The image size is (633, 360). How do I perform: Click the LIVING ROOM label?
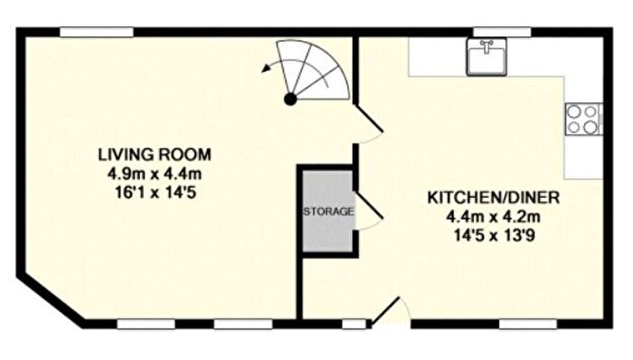pyautogui.click(x=155, y=155)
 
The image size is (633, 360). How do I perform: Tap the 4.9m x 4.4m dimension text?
pyautogui.click(x=155, y=174)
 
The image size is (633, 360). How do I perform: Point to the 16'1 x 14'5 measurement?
pyautogui.click(x=156, y=193)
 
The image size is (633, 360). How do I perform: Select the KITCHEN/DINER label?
pyautogui.click(x=494, y=198)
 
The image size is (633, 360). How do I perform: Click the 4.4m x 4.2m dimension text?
pyautogui.click(x=494, y=217)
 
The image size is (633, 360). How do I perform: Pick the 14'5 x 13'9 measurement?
pyautogui.click(x=495, y=236)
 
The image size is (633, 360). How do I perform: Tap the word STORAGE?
pyautogui.click(x=328, y=212)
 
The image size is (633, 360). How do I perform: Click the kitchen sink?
pyautogui.click(x=487, y=57)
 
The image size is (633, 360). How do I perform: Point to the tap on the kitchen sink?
pyautogui.click(x=487, y=46)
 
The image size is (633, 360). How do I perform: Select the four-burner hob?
pyautogui.click(x=583, y=119)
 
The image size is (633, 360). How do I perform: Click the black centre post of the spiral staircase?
pyautogui.click(x=290, y=99)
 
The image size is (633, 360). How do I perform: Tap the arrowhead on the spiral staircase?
pyautogui.click(x=266, y=69)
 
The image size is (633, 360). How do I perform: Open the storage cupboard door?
pyautogui.click(x=368, y=210)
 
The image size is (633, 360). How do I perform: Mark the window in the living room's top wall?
pyautogui.click(x=97, y=33)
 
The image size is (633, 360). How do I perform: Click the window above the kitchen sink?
pyautogui.click(x=502, y=33)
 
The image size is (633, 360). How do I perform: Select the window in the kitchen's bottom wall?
pyautogui.click(x=528, y=324)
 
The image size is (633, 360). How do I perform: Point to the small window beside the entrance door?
pyautogui.click(x=354, y=324)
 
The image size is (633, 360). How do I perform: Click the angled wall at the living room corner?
pyautogui.click(x=51, y=298)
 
